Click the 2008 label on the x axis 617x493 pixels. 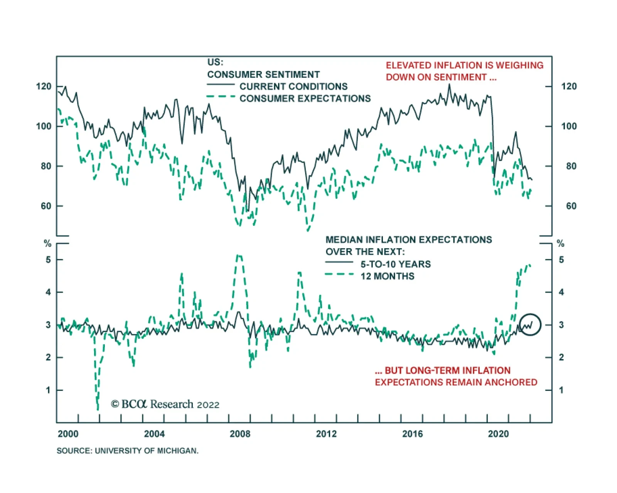point(240,434)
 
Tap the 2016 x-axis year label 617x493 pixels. point(412,434)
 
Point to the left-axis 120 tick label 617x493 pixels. point(44,86)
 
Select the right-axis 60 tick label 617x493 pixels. point(571,206)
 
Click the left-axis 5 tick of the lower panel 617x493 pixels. point(48,260)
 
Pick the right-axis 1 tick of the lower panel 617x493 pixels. point(561,390)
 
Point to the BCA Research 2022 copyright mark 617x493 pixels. point(165,404)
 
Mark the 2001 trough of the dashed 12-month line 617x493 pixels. point(98,409)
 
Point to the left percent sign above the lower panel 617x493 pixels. point(47,244)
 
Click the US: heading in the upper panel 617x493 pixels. point(215,62)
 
